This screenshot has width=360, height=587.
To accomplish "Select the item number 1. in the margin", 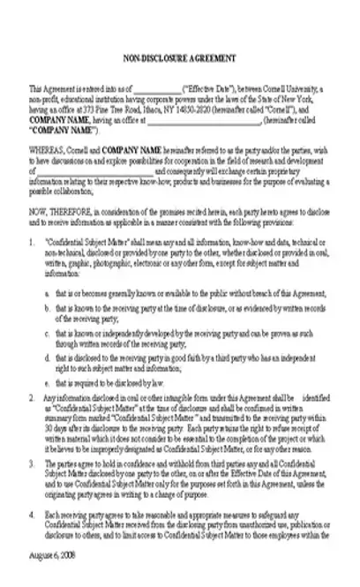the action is pos(33,240).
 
